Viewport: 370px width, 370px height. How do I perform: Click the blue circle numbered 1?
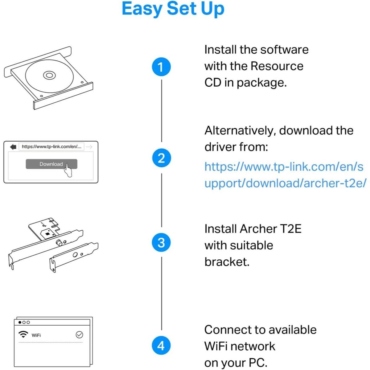point(161,67)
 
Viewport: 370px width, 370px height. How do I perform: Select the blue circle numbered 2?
point(161,158)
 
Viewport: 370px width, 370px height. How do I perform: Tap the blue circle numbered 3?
point(161,242)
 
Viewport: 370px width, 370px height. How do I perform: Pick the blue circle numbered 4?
point(161,345)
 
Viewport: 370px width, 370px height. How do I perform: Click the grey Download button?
point(49,164)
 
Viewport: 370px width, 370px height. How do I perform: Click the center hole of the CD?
point(49,75)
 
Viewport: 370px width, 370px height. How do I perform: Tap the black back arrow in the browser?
point(13,147)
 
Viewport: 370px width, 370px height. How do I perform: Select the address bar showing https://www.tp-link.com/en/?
point(51,147)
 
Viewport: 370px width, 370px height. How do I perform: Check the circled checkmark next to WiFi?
point(79,335)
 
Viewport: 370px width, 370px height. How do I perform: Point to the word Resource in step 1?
point(277,66)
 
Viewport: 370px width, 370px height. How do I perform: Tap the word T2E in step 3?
point(290,229)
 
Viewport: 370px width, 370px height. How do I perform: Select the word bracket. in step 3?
point(227,262)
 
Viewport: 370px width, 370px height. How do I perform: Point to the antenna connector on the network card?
point(59,243)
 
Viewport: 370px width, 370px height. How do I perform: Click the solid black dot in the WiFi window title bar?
point(20,323)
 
